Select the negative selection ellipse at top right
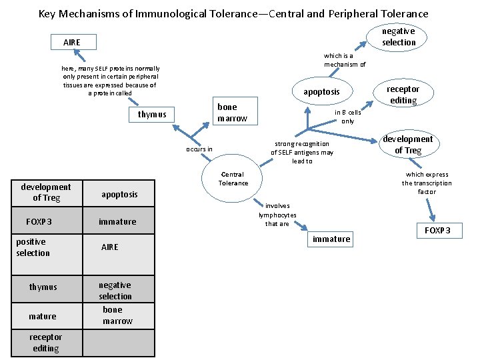point(398,37)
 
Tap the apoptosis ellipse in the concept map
point(321,91)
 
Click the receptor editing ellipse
point(403,95)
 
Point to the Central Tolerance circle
point(233,179)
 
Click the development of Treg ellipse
point(407,145)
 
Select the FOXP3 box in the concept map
point(438,231)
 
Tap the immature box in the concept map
point(331,239)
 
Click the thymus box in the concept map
point(152,115)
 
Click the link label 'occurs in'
point(199,149)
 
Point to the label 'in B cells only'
point(347,117)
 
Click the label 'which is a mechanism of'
point(344,60)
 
